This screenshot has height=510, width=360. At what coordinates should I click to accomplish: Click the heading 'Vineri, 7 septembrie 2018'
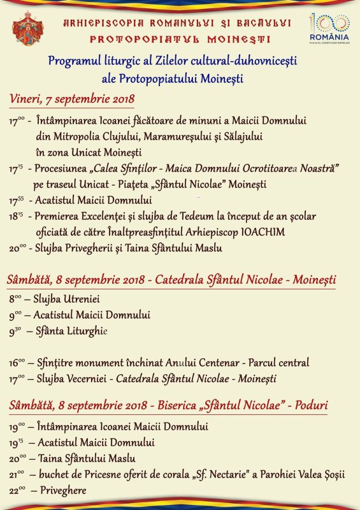coord(72,99)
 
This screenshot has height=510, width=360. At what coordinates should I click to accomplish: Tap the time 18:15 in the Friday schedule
coord(17,217)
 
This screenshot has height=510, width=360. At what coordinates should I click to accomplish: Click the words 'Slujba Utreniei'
coord(67,298)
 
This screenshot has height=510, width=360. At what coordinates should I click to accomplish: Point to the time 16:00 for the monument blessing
coord(17,363)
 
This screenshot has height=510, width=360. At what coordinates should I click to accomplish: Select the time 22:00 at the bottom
coord(17,491)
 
